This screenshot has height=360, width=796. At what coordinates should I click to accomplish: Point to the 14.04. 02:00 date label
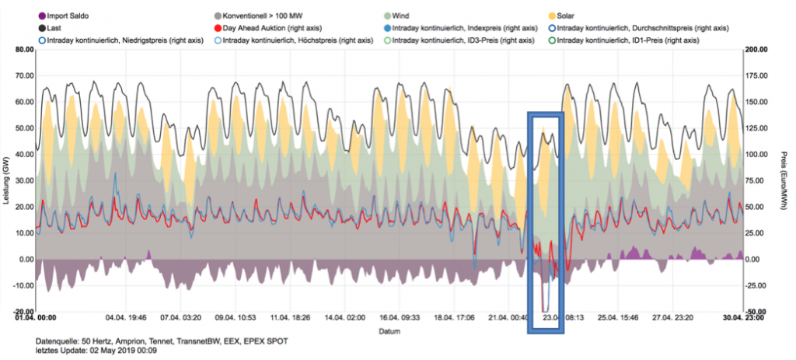pos(345,318)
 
